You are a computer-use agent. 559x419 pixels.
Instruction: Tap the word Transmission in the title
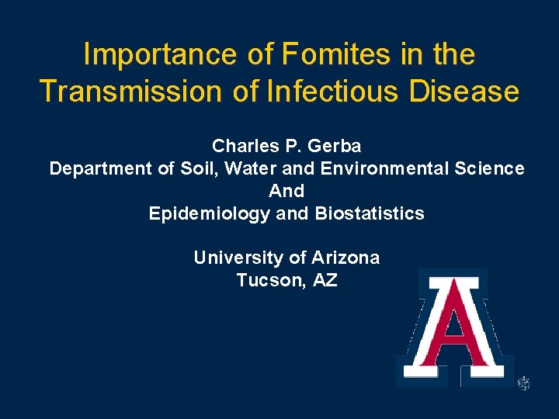click(x=129, y=92)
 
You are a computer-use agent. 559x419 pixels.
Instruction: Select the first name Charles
click(x=243, y=146)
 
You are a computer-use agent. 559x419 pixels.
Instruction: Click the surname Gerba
click(x=335, y=146)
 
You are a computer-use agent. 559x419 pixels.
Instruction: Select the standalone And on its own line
click(x=286, y=191)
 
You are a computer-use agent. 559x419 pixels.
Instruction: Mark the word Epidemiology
click(x=210, y=213)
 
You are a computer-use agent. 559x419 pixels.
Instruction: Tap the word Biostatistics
click(x=370, y=213)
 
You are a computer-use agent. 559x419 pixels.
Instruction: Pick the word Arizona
click(x=345, y=258)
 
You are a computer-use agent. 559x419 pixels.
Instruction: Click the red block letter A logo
click(x=454, y=327)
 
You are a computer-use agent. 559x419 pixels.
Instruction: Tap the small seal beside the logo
click(x=524, y=383)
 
